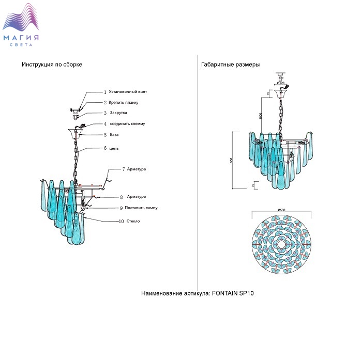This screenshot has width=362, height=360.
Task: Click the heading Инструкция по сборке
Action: click(52, 65)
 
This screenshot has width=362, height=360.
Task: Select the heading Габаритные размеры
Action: click(230, 65)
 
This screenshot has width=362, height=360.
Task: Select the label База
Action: click(114, 135)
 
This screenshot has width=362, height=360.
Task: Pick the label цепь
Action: click(114, 148)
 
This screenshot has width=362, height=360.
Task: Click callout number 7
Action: click(124, 169)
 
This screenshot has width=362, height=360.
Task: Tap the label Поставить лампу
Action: click(141, 208)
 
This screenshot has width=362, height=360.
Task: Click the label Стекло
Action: click(133, 221)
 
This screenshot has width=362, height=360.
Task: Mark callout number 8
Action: click(121, 197)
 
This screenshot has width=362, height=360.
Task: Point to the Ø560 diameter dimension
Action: click(282, 209)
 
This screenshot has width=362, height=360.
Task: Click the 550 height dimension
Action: click(231, 160)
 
